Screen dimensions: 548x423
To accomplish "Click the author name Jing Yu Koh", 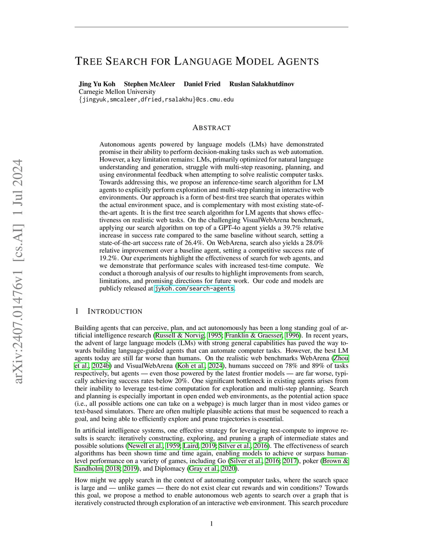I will point(97,84).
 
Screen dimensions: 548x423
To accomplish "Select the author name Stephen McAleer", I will point(150,84).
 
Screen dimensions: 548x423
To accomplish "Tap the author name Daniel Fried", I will point(202,84).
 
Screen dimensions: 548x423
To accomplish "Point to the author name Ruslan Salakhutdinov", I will point(262,84).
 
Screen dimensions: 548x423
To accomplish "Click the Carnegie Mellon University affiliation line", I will point(117,92).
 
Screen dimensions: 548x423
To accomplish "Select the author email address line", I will point(156,100).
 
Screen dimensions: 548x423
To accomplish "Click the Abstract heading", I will point(211,128).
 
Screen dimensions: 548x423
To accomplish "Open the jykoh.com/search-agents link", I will point(194,289).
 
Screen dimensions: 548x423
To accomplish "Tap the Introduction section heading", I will point(115,311).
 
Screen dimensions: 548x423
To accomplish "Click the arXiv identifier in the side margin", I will point(18,271).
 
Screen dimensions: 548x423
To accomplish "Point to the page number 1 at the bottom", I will point(211,524).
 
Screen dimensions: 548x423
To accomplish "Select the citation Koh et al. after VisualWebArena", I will point(191,366).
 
